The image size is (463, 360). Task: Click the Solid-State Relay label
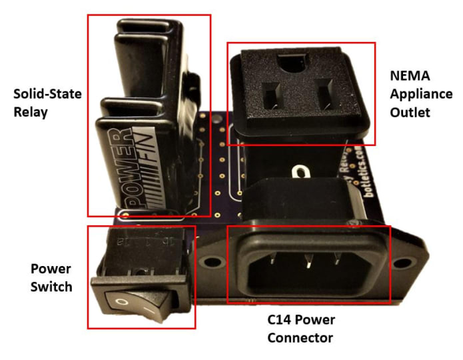(x=47, y=103)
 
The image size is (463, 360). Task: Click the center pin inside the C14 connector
(x=308, y=265)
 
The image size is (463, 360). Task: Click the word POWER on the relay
(x=123, y=165)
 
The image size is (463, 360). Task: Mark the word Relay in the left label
(x=31, y=112)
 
